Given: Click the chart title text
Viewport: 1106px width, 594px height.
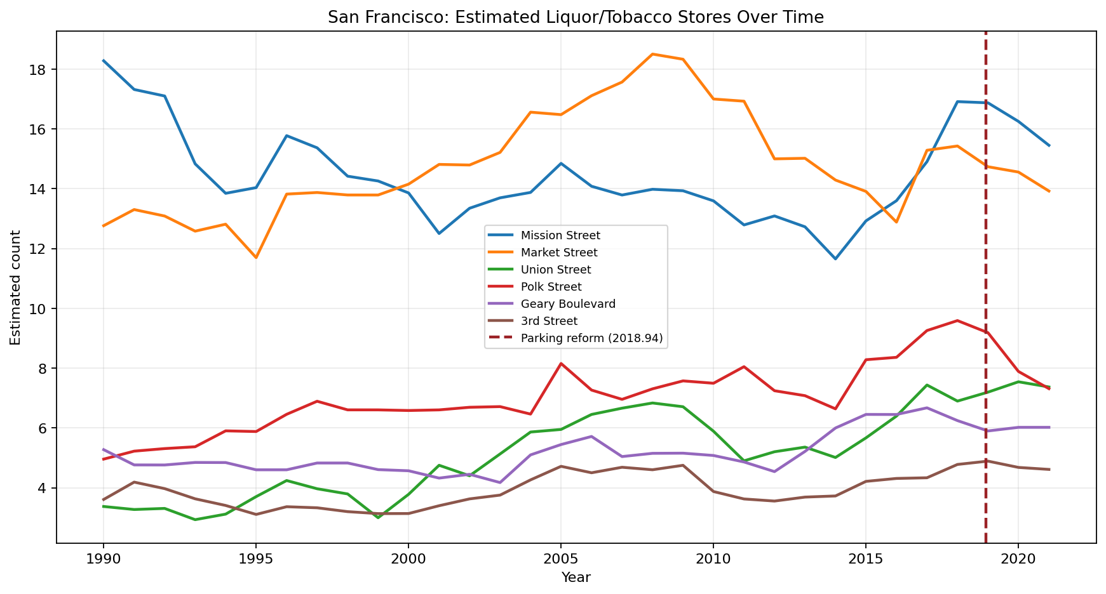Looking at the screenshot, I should pos(576,18).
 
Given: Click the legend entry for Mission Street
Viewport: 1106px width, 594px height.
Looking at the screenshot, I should pos(560,235).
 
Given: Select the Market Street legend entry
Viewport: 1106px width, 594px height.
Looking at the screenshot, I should pos(558,253).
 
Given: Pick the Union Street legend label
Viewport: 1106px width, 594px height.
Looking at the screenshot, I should pos(555,270).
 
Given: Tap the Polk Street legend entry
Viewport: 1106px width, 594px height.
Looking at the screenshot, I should pos(551,287).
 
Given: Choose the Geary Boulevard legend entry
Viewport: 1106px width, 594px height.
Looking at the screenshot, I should pos(567,304).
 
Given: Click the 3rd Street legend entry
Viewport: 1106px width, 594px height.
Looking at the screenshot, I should pos(549,321).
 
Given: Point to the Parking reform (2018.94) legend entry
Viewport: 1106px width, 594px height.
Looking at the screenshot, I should pos(591,338).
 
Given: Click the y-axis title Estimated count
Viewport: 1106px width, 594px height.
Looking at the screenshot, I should pos(16,287).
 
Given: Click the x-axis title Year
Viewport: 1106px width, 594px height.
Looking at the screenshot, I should pos(576,577).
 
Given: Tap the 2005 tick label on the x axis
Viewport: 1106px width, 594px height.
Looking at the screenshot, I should pos(560,559).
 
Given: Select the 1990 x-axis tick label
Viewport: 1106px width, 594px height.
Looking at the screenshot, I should pos(103,559).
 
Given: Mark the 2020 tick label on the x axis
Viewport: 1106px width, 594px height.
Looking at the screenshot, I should pos(1018,559).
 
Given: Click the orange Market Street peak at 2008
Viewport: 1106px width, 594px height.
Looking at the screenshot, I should pos(652,55).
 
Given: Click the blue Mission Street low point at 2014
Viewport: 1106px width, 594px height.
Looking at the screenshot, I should pos(835,259).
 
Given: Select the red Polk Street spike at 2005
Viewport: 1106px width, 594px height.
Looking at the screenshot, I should pos(560,364).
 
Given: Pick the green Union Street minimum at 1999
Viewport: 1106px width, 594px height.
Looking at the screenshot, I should pos(378,517).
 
